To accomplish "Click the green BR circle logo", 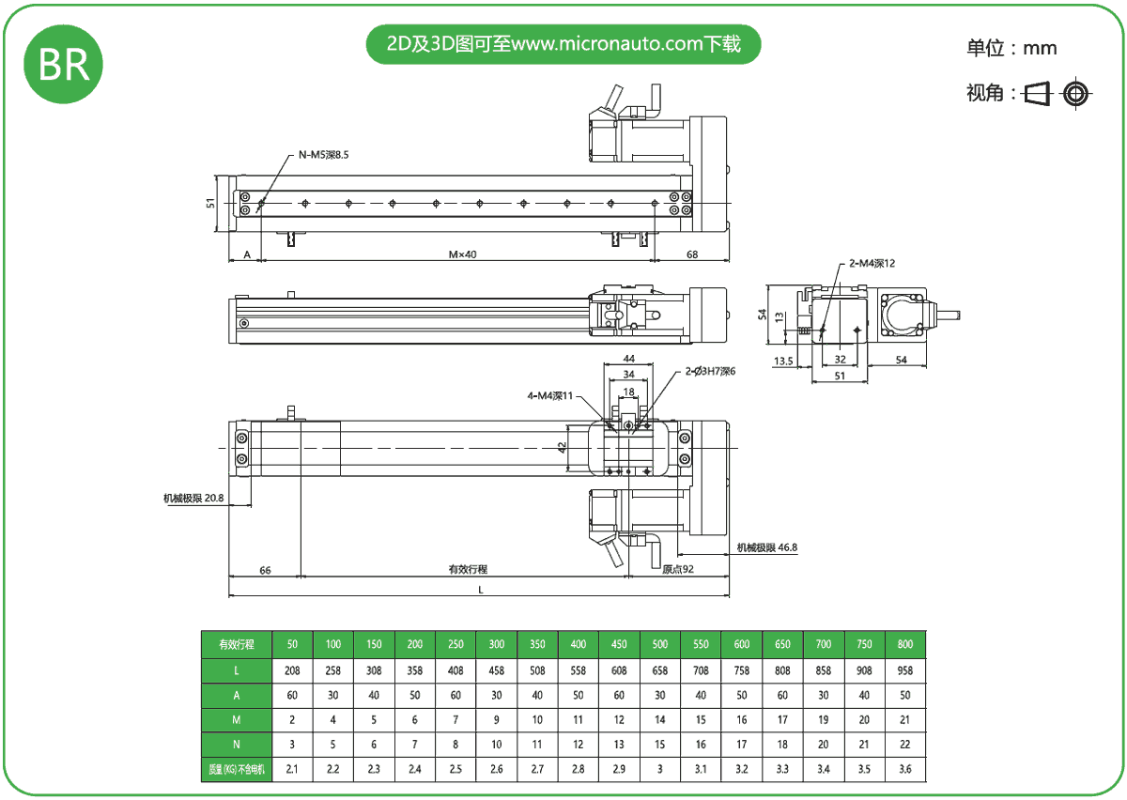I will point(64,64).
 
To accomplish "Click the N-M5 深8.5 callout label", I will point(323,155).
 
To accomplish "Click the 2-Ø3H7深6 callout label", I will point(710,371).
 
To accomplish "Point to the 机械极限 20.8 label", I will point(193,499).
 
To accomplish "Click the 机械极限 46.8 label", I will point(767,547).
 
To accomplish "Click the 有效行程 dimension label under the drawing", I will point(468,569).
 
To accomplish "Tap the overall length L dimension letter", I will point(481,590).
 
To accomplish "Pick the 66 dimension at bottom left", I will point(265,569).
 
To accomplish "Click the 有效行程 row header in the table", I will point(237,644).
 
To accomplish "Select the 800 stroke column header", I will point(904,644).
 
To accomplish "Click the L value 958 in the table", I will point(904,670).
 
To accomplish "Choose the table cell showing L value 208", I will point(292,670).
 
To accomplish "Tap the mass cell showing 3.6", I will point(904,770).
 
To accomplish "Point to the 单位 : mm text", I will point(1011,48).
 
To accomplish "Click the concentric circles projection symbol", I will point(1075,93).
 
